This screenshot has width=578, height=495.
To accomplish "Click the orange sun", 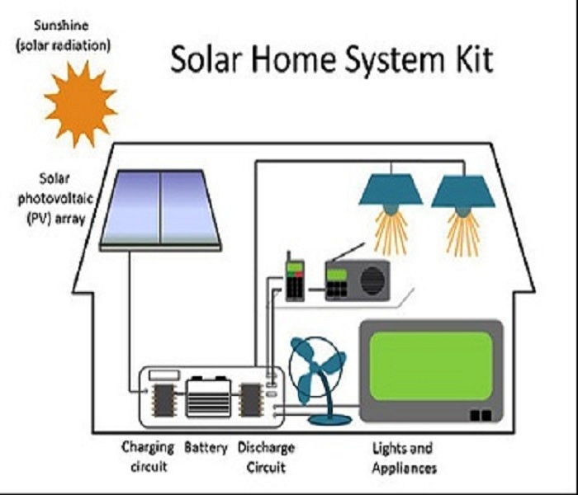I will pos(80,101).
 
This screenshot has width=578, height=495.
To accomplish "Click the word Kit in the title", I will pos(471,60).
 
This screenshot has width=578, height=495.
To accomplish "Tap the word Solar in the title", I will pos(206,60).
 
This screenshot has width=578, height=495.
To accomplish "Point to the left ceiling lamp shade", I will pos(390,192).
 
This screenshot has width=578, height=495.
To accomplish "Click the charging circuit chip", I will pos(163,400).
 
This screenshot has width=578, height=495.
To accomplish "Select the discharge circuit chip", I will pos(249,399).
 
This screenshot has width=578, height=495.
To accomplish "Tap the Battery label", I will pos(206,448).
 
